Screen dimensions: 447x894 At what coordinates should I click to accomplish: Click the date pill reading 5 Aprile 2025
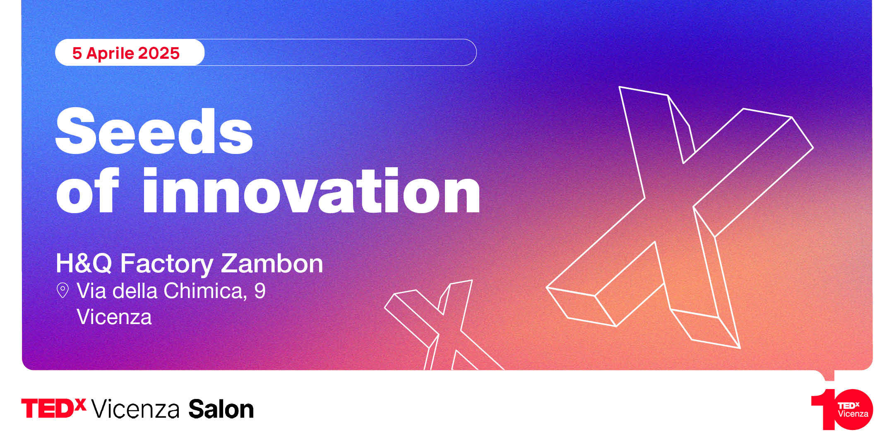[130, 53]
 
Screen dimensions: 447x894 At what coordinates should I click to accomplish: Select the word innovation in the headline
[311, 191]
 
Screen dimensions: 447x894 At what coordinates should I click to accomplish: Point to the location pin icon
[62, 291]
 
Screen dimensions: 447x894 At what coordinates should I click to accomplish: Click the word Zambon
[272, 264]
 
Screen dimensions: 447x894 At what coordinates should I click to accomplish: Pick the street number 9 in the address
[260, 291]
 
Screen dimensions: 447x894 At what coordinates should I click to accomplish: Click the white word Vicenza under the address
[114, 317]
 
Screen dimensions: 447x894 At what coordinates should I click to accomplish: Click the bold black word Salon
[221, 409]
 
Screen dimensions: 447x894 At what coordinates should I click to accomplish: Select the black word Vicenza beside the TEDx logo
[135, 409]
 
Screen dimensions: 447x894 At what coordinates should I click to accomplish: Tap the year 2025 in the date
[159, 53]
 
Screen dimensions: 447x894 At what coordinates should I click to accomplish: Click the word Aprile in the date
[110, 53]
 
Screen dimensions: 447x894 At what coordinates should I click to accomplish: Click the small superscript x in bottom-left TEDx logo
[81, 403]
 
